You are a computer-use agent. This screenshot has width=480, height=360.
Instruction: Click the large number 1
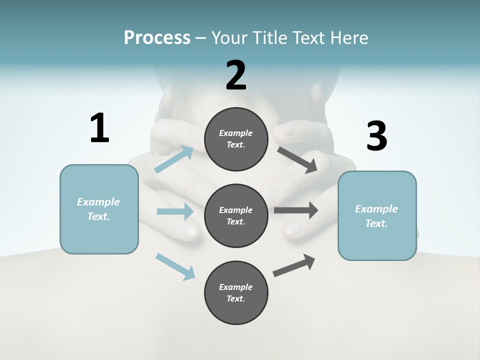point(99,128)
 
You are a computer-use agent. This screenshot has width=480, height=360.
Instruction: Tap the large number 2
point(236,75)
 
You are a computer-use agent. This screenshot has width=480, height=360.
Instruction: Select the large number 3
point(376,136)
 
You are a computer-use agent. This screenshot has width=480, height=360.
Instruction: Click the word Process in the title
point(157,37)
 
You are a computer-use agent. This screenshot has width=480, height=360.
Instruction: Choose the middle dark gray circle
point(236,216)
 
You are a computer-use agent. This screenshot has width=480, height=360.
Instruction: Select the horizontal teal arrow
point(175,211)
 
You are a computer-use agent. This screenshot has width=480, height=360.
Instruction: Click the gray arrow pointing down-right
point(298,160)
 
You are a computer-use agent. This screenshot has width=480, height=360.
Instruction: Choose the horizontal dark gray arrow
point(296,210)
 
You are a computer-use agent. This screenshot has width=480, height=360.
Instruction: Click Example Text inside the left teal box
point(98,209)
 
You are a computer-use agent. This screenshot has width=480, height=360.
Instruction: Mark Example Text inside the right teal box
point(376,216)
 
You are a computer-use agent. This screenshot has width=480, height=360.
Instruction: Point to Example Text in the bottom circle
point(235,293)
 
